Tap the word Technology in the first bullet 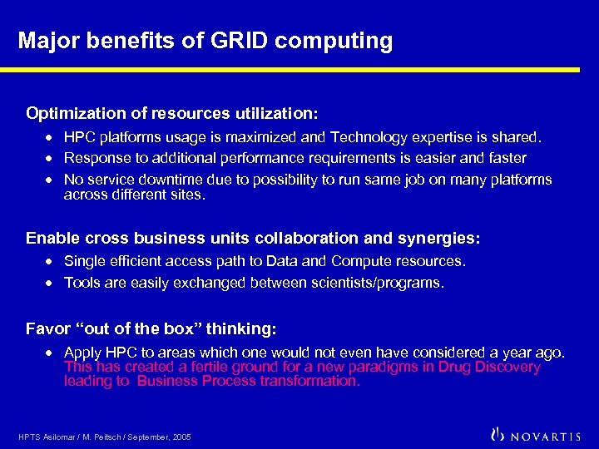pyautogui.click(x=364, y=136)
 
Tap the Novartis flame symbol pyautogui.click(x=498, y=434)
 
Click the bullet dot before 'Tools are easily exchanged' pyautogui.click(x=52, y=283)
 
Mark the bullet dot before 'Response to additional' pyautogui.click(x=52, y=158)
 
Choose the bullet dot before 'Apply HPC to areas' pyautogui.click(x=52, y=353)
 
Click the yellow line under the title pyautogui.click(x=299, y=70)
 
